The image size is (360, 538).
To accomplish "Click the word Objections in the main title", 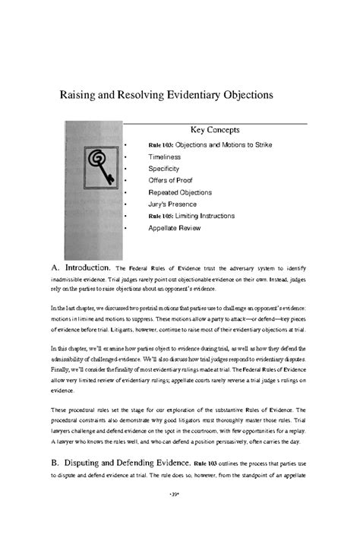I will [239, 97].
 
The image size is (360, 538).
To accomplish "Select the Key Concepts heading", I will [214, 131].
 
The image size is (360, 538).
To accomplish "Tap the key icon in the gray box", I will [98, 162].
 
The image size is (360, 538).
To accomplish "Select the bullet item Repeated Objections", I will [180, 192].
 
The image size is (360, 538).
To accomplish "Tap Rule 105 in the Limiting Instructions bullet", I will [161, 217].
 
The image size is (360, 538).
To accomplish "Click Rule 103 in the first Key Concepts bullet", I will [161, 144].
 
